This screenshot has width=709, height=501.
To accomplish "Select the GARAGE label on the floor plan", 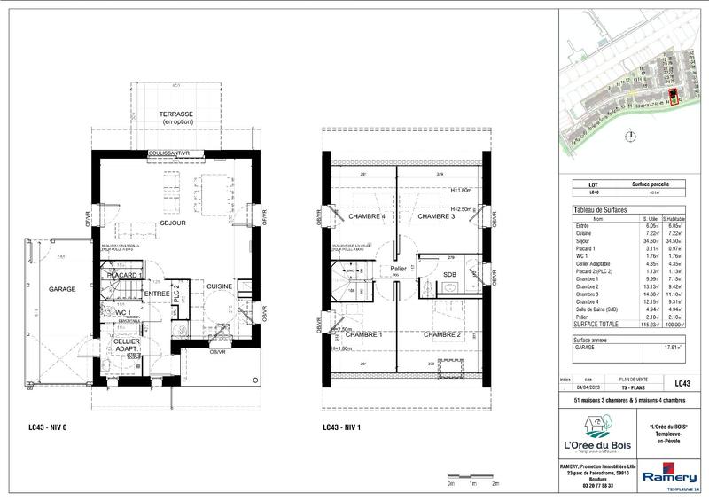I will tap(61, 289).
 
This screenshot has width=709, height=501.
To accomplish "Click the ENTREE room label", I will tap(157, 294).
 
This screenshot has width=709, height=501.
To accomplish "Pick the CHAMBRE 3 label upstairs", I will tap(436, 217).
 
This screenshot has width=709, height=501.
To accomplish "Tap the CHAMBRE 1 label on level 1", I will tap(363, 334).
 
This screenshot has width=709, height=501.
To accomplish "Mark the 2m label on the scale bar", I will tap(495, 485).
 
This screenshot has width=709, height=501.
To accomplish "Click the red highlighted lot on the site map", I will tap(673, 97).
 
